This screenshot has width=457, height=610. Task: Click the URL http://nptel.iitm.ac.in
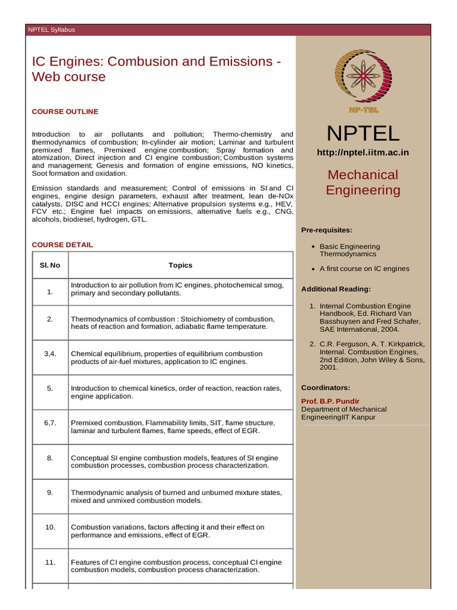[363, 152]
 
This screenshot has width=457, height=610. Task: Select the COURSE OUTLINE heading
[65, 111]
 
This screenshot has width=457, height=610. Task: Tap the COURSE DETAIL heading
[62, 245]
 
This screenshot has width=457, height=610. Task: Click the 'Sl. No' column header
[50, 265]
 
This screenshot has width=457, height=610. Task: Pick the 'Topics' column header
[180, 265]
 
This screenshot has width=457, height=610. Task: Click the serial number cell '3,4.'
[50, 353]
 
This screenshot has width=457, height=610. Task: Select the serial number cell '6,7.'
[50, 422]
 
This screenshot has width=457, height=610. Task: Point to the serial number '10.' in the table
[50, 527]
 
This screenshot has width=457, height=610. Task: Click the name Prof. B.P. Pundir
[330, 401]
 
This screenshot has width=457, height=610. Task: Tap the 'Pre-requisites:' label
[327, 230]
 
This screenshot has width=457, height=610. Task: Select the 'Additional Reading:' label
[336, 289]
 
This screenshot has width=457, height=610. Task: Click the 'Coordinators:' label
[325, 387]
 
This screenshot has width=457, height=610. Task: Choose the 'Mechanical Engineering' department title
[363, 182]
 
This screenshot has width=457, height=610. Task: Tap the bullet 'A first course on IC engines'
[364, 269]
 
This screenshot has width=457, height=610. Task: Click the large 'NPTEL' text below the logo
[363, 133]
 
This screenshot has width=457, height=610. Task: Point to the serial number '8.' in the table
[50, 457]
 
